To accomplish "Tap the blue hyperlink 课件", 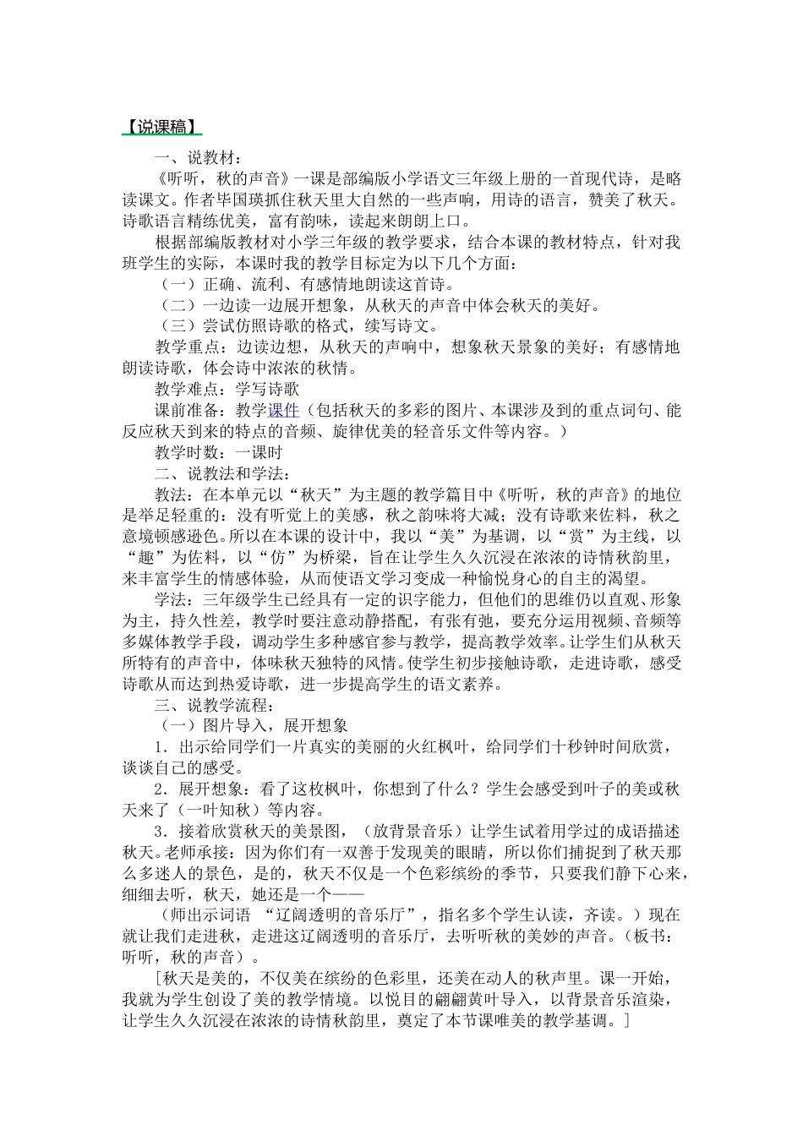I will [x=284, y=411].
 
